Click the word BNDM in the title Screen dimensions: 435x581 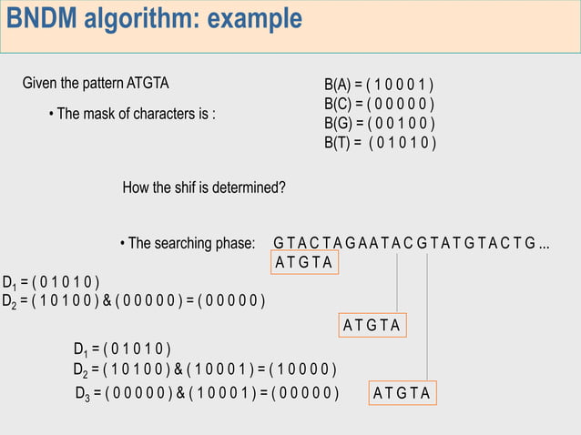coord(45,18)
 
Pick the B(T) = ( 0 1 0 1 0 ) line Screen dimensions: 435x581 coord(380,143)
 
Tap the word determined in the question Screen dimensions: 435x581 coord(250,188)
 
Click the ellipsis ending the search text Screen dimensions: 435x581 coord(544,244)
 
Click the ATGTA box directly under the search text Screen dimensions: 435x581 coord(305,263)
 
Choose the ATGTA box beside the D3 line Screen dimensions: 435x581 coord(402,393)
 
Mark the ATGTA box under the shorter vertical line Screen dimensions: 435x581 coord(372,325)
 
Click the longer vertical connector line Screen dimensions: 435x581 coord(427,319)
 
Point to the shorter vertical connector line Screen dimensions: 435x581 coord(397,282)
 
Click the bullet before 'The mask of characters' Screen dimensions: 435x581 coord(51,115)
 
